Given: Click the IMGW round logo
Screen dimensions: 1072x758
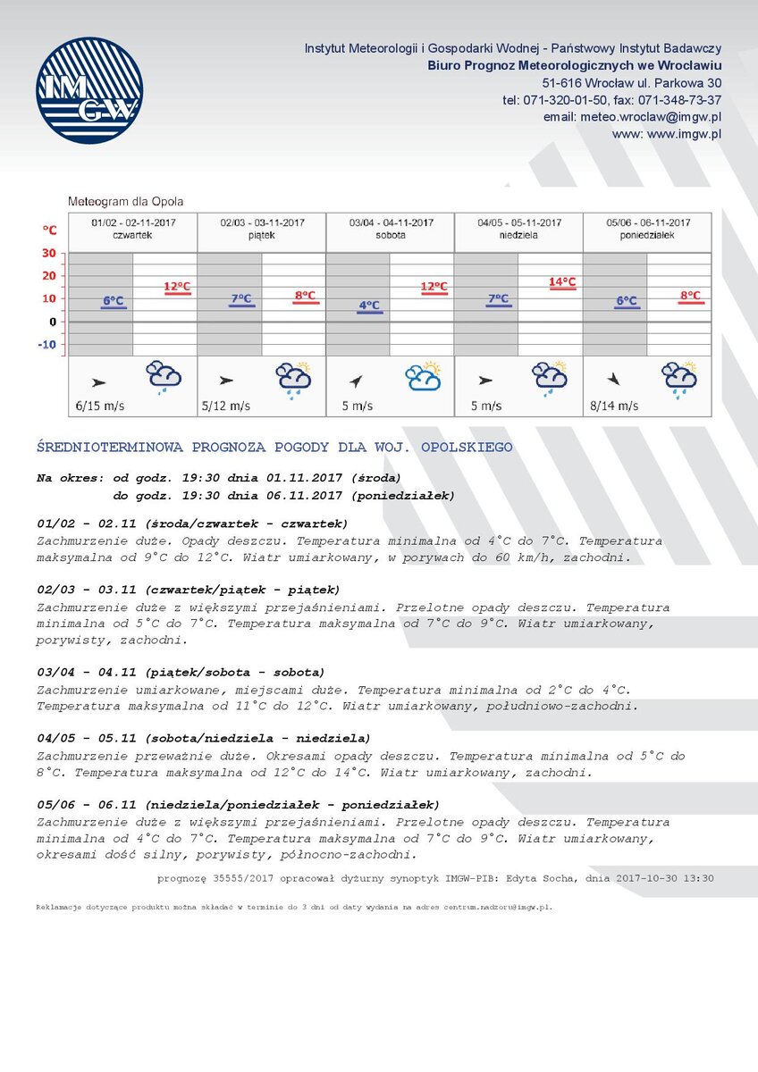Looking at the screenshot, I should (89, 90).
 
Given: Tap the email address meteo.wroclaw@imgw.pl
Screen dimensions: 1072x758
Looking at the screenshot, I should (633, 117).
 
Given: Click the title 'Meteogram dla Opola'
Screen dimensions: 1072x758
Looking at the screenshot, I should (126, 202).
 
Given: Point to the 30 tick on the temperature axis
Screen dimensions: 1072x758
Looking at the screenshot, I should (49, 253).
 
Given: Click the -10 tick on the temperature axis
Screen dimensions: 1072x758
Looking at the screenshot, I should (47, 345).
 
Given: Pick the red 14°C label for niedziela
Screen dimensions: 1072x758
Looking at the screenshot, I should (562, 281).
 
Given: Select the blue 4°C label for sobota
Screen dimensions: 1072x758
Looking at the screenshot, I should (369, 306).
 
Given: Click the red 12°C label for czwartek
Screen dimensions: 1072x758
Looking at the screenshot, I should (177, 287).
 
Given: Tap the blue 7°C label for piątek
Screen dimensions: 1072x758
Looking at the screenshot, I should (241, 299).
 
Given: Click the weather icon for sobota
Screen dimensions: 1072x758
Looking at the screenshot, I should (423, 377).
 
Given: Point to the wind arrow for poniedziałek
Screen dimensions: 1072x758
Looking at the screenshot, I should (613, 378).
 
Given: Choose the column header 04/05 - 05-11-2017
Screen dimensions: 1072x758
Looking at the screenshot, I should (519, 222).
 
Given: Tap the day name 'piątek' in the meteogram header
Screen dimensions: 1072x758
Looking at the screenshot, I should (262, 235).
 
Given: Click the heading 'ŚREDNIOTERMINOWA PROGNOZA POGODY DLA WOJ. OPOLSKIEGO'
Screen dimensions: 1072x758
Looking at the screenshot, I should (274, 447).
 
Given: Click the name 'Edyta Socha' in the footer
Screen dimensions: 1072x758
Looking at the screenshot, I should (538, 878).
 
